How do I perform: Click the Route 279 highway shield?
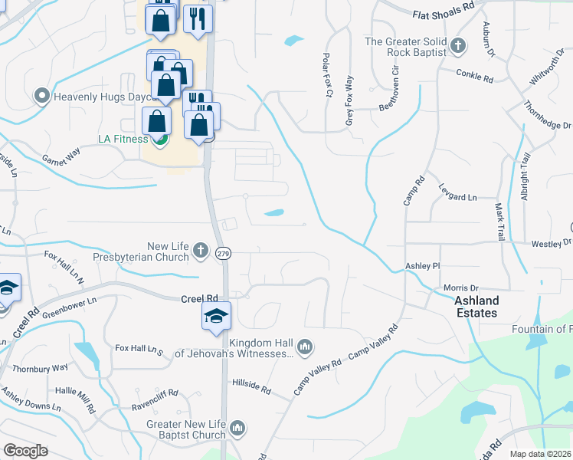[x=223, y=254]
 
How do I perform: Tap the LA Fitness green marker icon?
[x=161, y=140]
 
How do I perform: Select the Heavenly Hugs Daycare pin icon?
[x=42, y=97]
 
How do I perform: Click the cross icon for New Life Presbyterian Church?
[x=200, y=250]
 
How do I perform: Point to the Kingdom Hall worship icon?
[x=305, y=347]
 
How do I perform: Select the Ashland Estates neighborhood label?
[x=476, y=307]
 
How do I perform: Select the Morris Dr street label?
[x=460, y=287]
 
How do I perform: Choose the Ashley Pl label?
[x=423, y=265]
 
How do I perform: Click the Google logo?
[x=25, y=451]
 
